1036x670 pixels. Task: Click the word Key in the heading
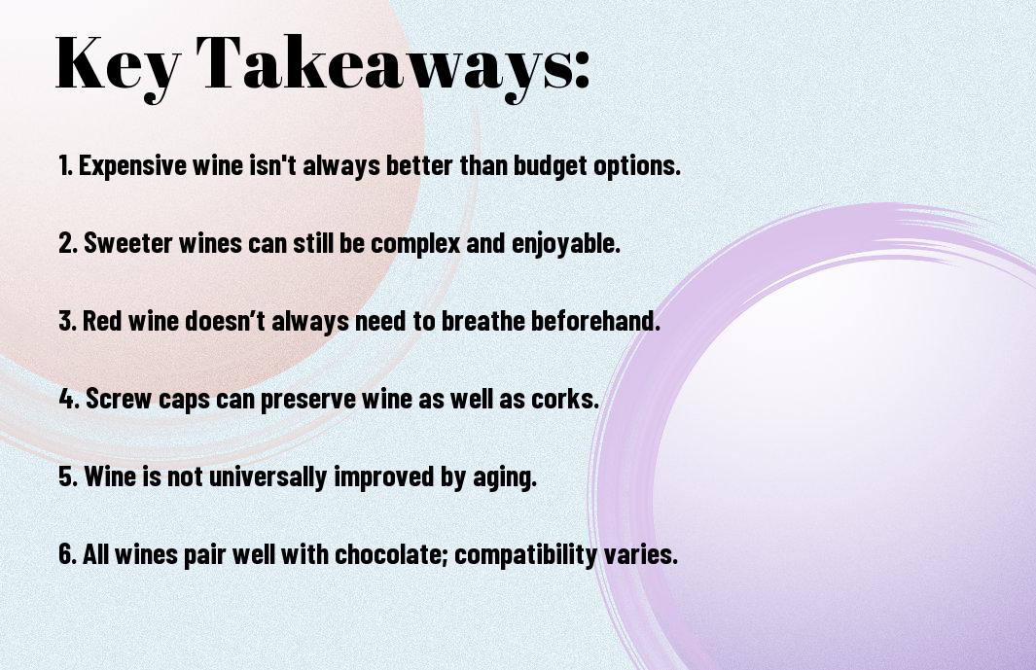117,65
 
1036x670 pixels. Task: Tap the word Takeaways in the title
382,65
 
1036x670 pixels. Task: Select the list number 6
67,553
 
